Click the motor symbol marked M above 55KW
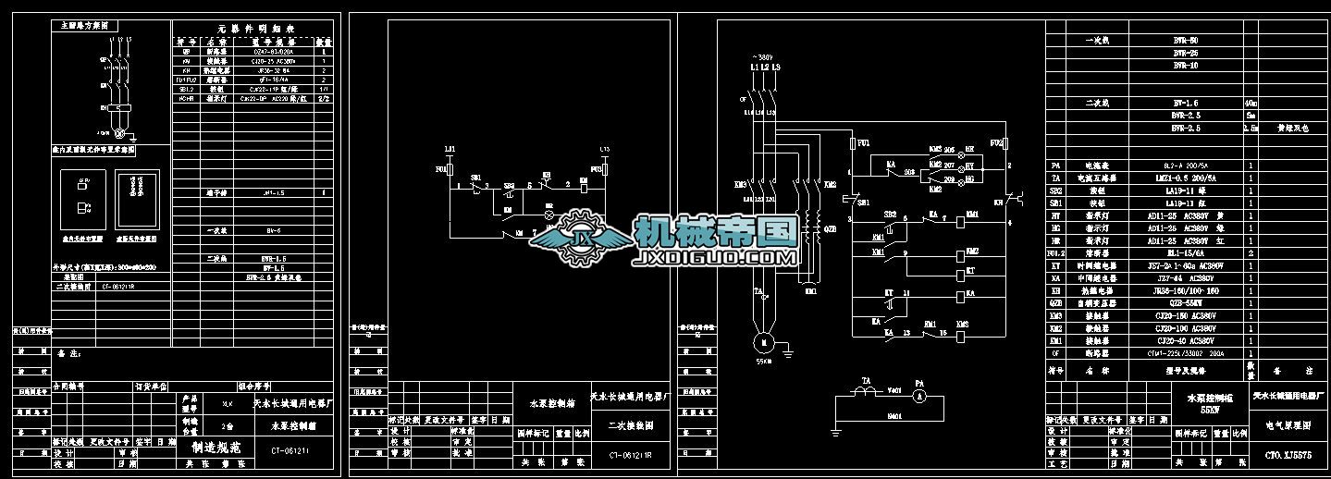[763, 341]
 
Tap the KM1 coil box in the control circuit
[971, 215]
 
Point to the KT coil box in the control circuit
[971, 271]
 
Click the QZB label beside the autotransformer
[829, 228]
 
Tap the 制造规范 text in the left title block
[215, 446]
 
